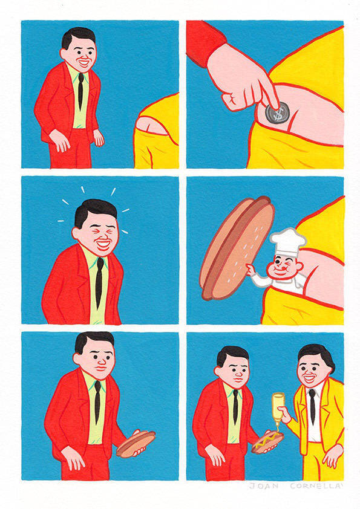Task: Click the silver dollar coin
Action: point(277,112)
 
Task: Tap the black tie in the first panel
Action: point(80,91)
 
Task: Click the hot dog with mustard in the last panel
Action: point(267,443)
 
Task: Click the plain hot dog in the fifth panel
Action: point(136,444)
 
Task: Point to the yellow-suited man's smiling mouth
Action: point(309,378)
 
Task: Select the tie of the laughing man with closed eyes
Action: point(99,282)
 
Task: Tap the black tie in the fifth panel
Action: point(97,403)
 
